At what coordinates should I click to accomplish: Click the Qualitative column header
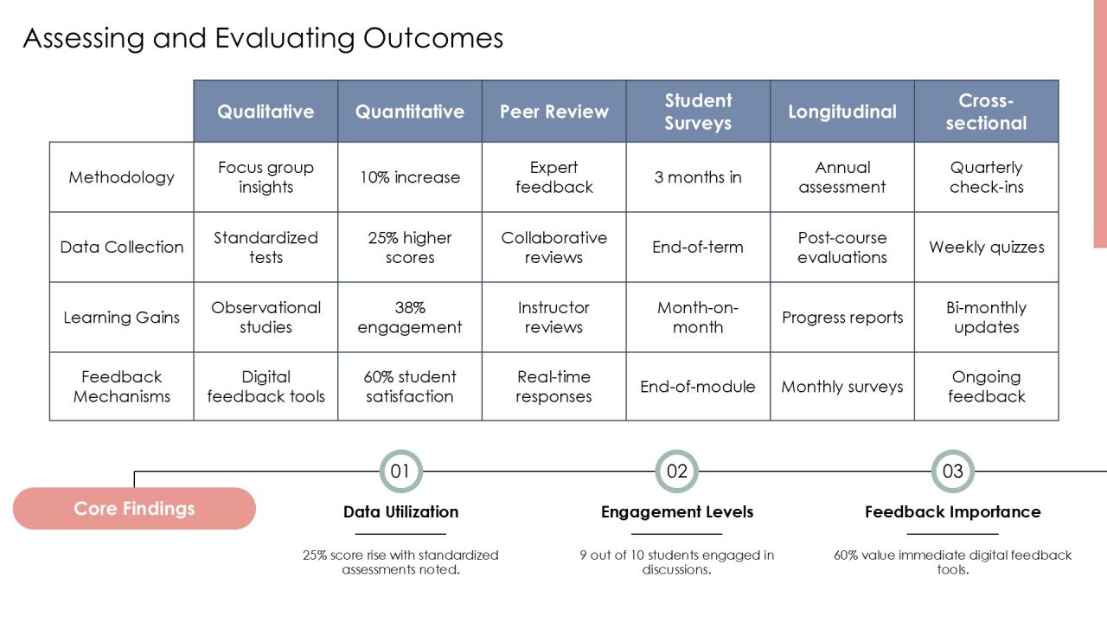point(266,112)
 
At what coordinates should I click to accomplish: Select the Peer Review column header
point(554,112)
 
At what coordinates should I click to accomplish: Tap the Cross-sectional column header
point(987,112)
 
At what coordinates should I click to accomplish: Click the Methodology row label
point(122,177)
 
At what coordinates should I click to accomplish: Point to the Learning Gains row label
point(122,317)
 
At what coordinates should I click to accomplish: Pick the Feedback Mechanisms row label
point(122,387)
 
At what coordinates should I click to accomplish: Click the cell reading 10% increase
point(410,177)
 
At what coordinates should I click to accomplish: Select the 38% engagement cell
point(410,317)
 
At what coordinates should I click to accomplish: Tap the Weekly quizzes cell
point(987,247)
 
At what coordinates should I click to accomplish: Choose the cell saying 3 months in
point(698,177)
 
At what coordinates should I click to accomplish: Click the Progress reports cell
point(842,317)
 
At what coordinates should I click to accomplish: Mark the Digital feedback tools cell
point(266,387)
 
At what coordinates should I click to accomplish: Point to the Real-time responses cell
point(554,387)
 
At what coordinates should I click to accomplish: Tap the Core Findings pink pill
point(134,508)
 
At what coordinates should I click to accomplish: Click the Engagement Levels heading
point(677,511)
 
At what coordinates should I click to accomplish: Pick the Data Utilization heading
point(400,511)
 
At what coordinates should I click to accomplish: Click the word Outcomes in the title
point(433,38)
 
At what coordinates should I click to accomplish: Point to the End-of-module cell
point(698,387)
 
